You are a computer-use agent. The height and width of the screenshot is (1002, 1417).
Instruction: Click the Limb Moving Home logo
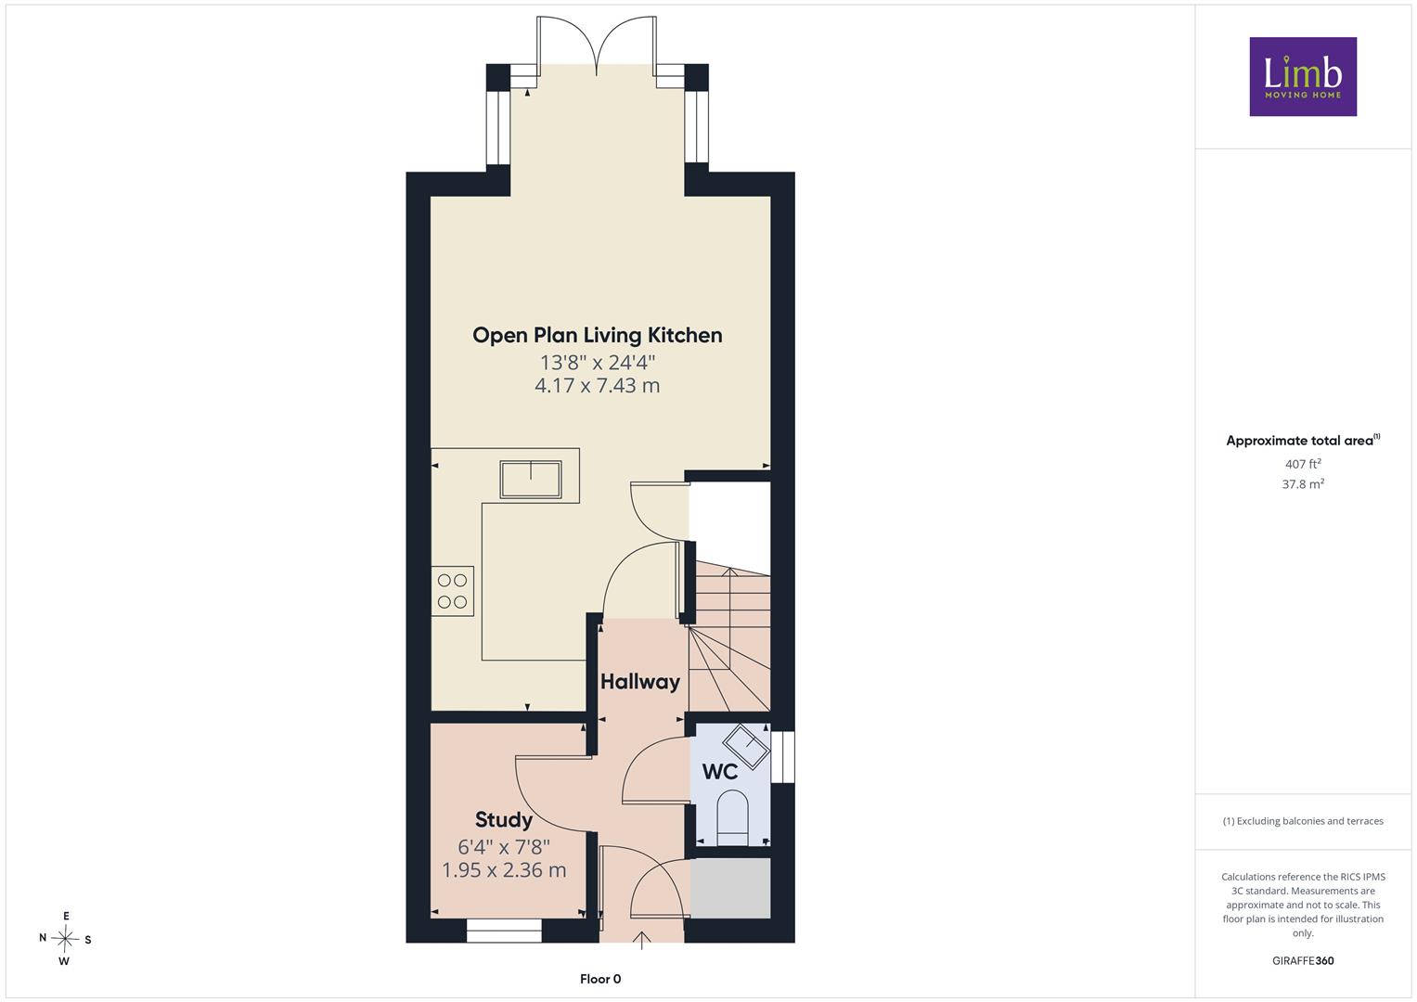[x=1303, y=76]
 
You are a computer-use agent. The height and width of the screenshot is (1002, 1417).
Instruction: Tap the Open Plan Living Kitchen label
[x=598, y=335]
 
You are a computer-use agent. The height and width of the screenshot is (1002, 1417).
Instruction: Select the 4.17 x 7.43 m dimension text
[x=598, y=385]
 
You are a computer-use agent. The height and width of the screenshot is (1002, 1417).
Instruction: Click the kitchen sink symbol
[x=531, y=479]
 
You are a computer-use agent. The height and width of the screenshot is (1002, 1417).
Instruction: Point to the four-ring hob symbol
[x=452, y=591]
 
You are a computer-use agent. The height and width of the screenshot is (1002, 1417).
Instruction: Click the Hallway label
[x=640, y=681]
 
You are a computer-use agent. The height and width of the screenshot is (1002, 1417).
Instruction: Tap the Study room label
[x=504, y=820]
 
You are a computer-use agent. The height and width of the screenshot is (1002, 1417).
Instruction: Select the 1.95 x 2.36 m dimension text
[x=504, y=870]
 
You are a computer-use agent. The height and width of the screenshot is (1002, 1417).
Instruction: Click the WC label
[x=720, y=772]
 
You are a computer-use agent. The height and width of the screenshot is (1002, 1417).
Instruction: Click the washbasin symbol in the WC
[x=746, y=747]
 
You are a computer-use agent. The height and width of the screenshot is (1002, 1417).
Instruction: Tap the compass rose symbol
[x=65, y=939]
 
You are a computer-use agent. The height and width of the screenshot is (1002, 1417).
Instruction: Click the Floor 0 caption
[x=600, y=979]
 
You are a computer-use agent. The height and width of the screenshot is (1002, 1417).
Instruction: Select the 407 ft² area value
[x=1303, y=464]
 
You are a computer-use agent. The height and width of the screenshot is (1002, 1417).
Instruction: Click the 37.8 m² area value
[x=1303, y=484]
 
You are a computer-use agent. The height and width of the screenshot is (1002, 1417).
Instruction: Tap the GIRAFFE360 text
[x=1303, y=961]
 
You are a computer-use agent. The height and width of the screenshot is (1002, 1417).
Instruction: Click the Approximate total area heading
[x=1303, y=441]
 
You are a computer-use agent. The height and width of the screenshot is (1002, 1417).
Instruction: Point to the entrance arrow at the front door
[x=642, y=941]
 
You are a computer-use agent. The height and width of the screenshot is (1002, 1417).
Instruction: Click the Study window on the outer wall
[x=504, y=931]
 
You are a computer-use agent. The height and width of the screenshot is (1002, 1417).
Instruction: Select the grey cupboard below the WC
[x=730, y=888]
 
